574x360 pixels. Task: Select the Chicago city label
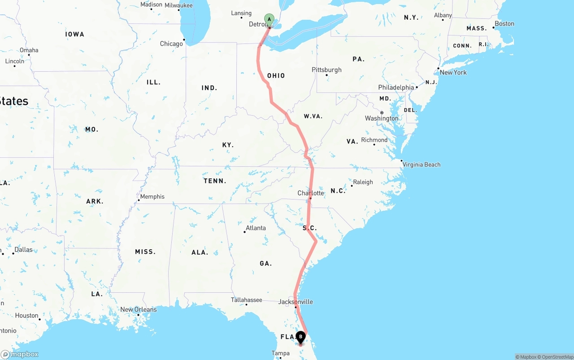click(171, 43)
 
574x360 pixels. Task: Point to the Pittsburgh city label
click(326, 69)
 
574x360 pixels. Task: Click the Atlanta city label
click(256, 228)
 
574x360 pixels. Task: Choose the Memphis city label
click(152, 196)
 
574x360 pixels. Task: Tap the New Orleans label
click(139, 309)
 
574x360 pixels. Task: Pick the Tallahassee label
click(246, 299)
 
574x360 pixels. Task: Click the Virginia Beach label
click(422, 165)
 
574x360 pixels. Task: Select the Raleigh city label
click(363, 182)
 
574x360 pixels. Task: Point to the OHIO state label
click(276, 75)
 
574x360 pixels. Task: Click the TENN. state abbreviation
click(215, 181)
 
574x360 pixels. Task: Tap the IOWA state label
click(74, 34)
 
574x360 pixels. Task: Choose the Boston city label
click(504, 24)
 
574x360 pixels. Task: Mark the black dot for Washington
click(382, 113)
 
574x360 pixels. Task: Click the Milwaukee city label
click(178, 5)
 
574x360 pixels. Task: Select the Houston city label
click(26, 315)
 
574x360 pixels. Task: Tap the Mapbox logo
click(20, 354)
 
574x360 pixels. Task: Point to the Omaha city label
click(29, 50)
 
